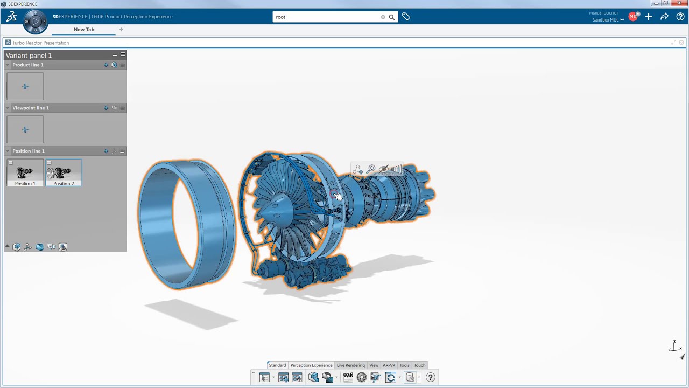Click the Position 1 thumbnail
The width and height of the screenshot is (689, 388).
pyautogui.click(x=25, y=173)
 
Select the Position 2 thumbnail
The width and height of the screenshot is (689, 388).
pyautogui.click(x=64, y=173)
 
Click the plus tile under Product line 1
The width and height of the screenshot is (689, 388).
pyautogui.click(x=25, y=86)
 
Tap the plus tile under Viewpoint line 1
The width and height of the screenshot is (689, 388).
pyautogui.click(x=25, y=129)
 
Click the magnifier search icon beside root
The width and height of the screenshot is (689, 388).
pyautogui.click(x=391, y=17)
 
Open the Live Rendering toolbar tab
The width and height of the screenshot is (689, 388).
pyautogui.click(x=350, y=365)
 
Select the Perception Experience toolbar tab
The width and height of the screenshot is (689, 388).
pyautogui.click(x=311, y=365)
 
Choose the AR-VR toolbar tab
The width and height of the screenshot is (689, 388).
pyautogui.click(x=389, y=365)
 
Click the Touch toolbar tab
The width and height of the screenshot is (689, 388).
pyautogui.click(x=419, y=365)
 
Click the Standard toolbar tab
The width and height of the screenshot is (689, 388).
pyautogui.click(x=277, y=365)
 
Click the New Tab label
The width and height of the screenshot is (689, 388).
pyautogui.click(x=84, y=30)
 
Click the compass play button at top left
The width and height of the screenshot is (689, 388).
pyautogui.click(x=36, y=22)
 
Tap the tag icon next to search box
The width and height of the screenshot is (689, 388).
pyautogui.click(x=406, y=17)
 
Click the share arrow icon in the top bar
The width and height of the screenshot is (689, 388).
pyautogui.click(x=664, y=17)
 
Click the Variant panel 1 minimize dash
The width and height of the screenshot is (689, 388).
pyautogui.click(x=115, y=55)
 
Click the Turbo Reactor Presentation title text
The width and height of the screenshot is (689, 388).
pyautogui.click(x=41, y=43)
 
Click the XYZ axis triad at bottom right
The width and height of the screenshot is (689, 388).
pyautogui.click(x=674, y=347)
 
